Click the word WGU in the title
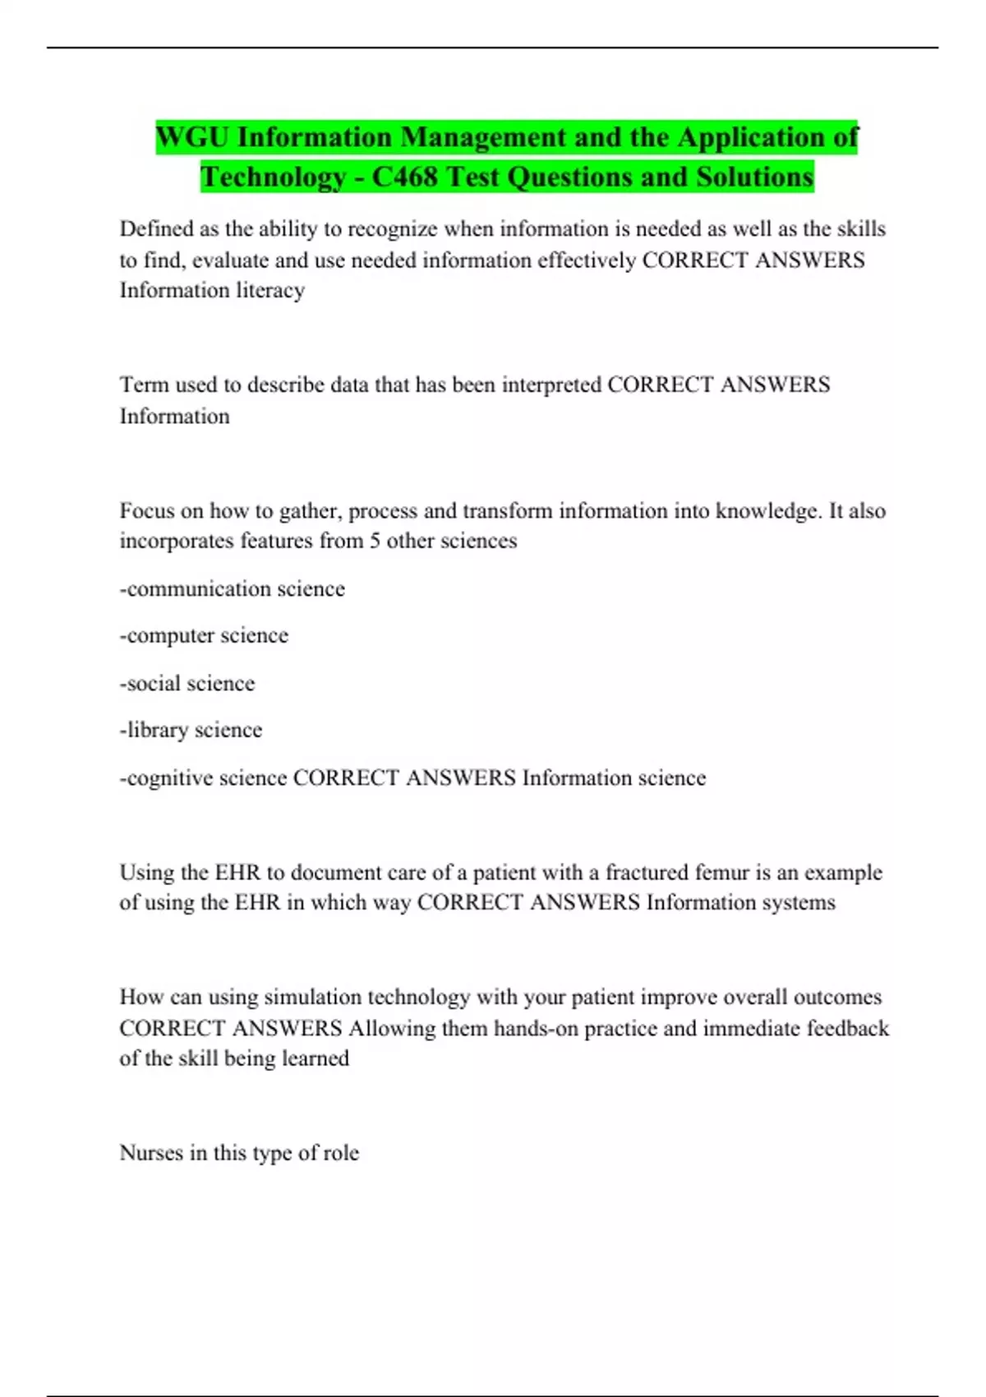coord(192,137)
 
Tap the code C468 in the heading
coord(404,177)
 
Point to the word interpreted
coord(551,385)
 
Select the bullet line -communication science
coord(233,588)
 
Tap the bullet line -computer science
coord(204,635)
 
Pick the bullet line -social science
coord(187,683)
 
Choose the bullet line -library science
coord(191,730)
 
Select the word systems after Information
coord(798,902)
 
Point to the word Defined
coord(156,228)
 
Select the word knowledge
coord(767,511)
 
